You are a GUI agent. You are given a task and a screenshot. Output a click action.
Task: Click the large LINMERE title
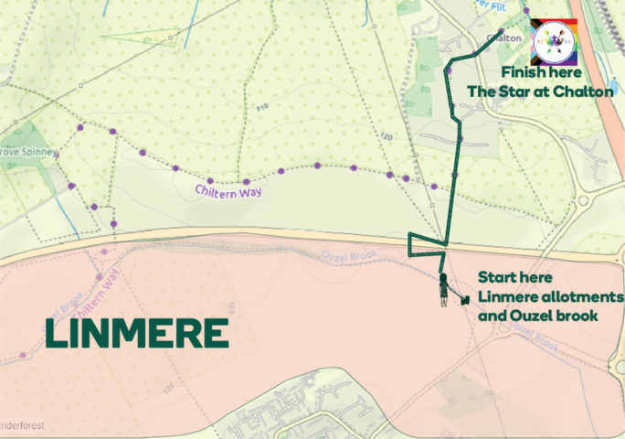(137, 335)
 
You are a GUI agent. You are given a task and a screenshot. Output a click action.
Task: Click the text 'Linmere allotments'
(551, 297)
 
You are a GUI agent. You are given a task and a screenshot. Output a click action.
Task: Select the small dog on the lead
(465, 298)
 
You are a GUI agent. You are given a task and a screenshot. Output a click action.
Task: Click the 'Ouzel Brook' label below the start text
(533, 341)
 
